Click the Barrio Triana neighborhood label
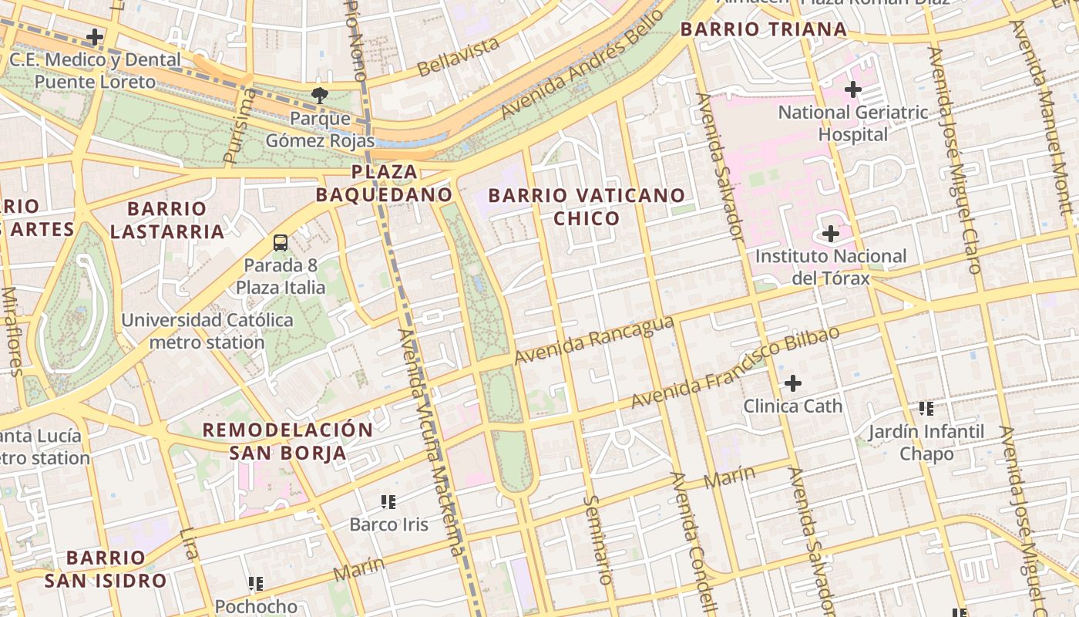coord(764,30)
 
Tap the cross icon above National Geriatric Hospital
coord(852,89)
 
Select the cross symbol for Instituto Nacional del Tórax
coord(831,233)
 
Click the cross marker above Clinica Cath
coord(792,383)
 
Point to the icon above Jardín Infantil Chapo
coord(926,408)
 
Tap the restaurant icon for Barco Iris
coord(388,502)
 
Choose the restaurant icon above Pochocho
coord(256,584)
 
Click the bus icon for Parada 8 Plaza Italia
coord(281,243)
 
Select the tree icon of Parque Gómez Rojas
coord(319,96)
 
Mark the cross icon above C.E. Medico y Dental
coord(95,36)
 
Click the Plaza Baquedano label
coord(383,183)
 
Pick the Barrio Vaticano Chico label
coord(587,207)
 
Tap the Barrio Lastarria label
coord(166,220)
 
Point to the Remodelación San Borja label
coord(287,441)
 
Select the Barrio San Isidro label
coord(105,569)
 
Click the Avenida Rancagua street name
coord(594,341)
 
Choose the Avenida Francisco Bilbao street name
coord(735,368)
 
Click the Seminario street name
coord(598,539)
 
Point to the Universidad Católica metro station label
coord(207,331)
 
